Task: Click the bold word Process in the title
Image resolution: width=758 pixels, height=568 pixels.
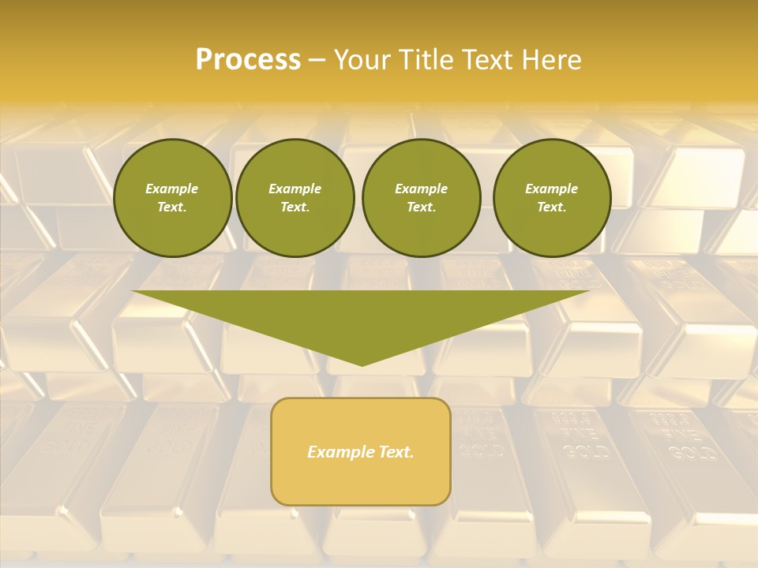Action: pyautogui.click(x=248, y=60)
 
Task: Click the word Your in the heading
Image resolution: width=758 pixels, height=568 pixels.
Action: pyautogui.click(x=366, y=60)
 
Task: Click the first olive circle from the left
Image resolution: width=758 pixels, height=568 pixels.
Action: pyautogui.click(x=172, y=198)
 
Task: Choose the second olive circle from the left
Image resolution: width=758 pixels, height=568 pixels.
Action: pyautogui.click(x=295, y=198)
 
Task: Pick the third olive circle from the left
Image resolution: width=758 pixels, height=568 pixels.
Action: pyautogui.click(x=421, y=198)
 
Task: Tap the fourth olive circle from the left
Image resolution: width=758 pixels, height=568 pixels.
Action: pyautogui.click(x=552, y=198)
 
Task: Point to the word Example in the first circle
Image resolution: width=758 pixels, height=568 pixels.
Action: pyautogui.click(x=172, y=189)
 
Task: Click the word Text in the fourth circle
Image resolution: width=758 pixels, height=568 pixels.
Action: pyautogui.click(x=552, y=207)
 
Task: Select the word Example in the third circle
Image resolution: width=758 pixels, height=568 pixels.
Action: pyautogui.click(x=421, y=189)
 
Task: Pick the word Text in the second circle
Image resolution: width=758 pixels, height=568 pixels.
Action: pyautogui.click(x=295, y=207)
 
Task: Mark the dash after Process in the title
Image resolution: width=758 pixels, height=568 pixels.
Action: pyautogui.click(x=317, y=60)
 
